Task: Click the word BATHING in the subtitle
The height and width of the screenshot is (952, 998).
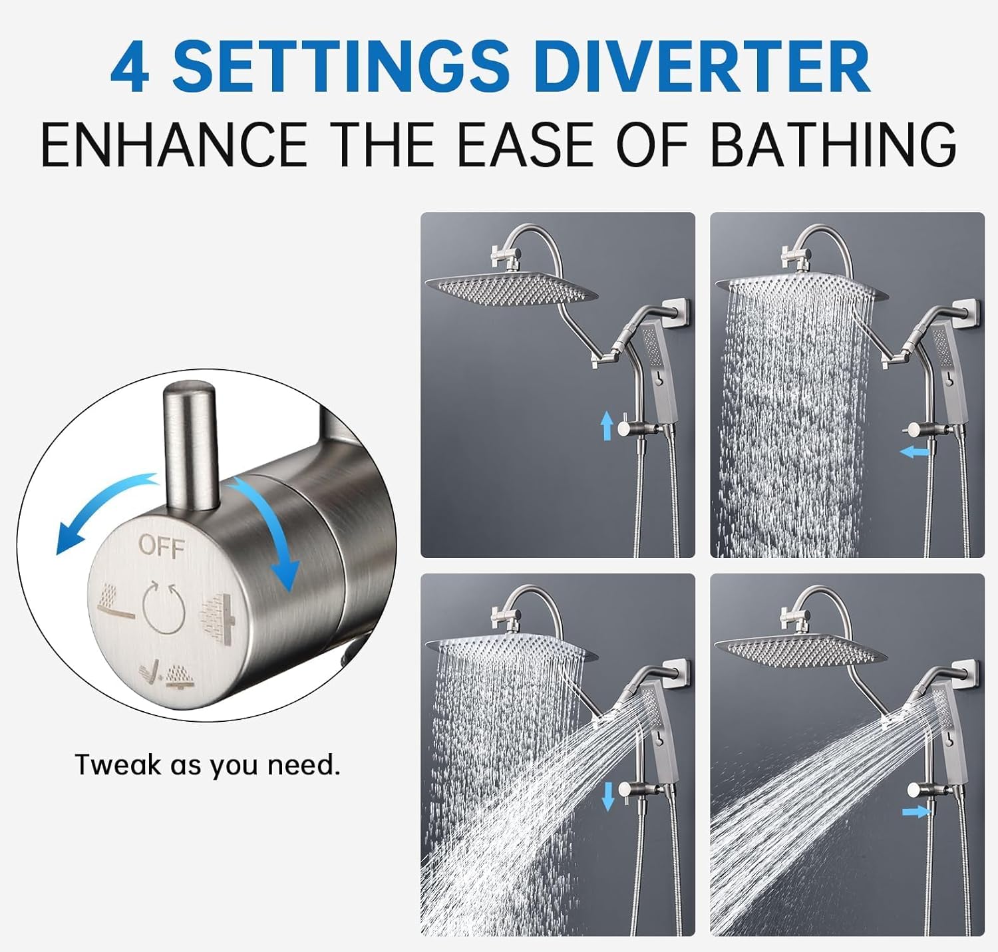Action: tap(833, 144)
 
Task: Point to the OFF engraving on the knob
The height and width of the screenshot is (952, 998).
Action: tap(161, 547)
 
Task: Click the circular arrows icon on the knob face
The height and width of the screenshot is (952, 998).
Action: tap(163, 606)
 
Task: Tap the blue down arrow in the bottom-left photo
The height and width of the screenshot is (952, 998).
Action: tap(607, 796)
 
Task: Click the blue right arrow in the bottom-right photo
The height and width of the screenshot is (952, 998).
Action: tap(915, 811)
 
